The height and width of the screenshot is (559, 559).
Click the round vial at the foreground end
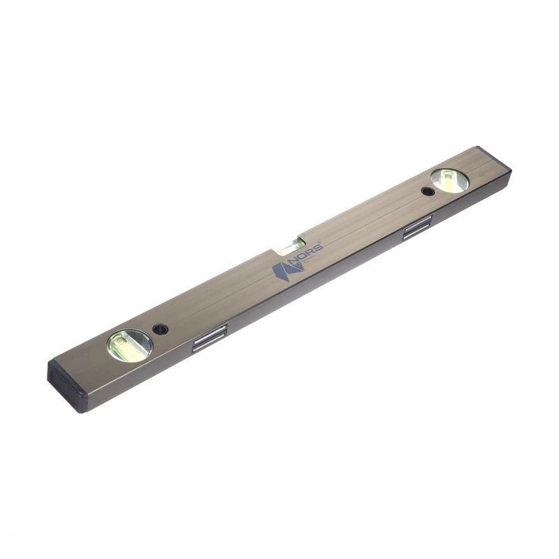(x=130, y=345)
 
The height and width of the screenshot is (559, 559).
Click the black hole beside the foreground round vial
(x=161, y=328)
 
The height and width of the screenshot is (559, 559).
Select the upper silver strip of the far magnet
(x=417, y=225)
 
